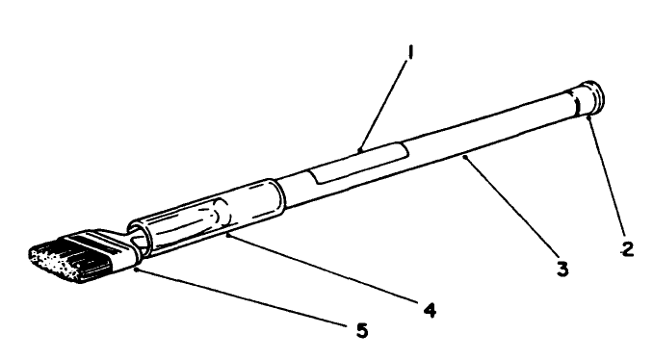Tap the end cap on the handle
coord(588,99)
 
